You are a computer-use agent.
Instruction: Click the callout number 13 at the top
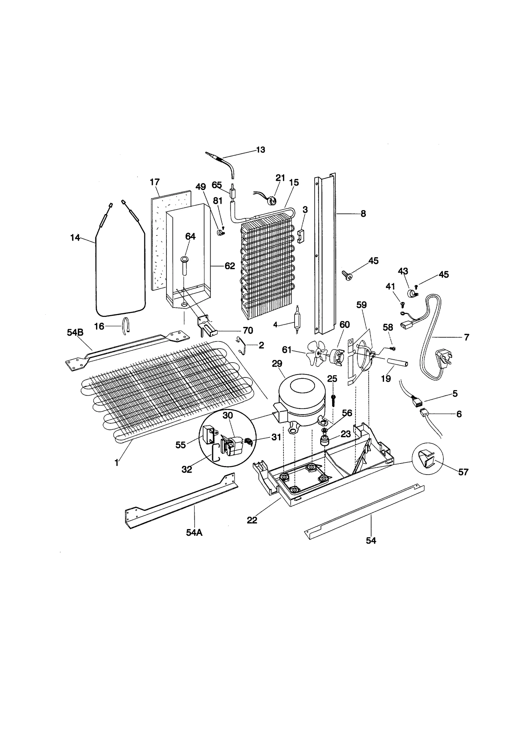(x=260, y=150)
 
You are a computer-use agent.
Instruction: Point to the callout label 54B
(x=75, y=332)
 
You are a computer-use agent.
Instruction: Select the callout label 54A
(x=194, y=533)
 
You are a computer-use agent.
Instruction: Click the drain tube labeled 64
(x=184, y=266)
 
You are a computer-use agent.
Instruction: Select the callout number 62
(x=230, y=266)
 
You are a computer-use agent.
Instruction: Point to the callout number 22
(x=252, y=520)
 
